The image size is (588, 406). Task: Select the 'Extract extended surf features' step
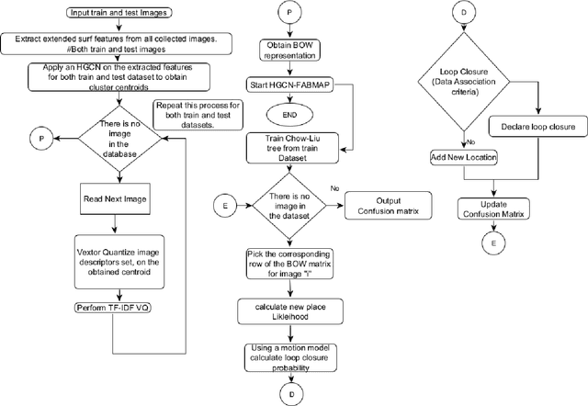coord(114,43)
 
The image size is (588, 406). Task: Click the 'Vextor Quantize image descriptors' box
coord(114,260)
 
